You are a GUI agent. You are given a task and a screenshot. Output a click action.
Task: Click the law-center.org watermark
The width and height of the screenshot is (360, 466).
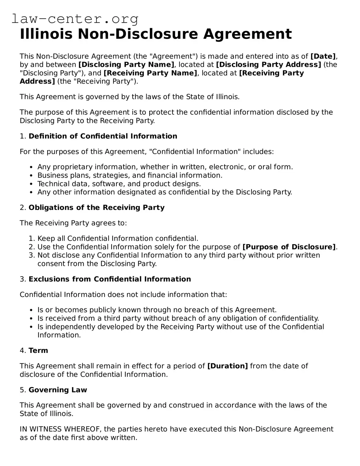(75, 19)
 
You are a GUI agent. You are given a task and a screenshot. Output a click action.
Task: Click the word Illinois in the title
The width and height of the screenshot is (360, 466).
(46, 34)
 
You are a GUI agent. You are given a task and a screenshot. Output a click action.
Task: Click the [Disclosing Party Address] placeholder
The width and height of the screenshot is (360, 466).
(268, 65)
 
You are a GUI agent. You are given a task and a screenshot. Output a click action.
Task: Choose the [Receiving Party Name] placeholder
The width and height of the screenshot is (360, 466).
(150, 73)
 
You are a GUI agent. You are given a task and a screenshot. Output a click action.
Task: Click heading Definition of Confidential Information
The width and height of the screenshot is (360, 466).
(103, 136)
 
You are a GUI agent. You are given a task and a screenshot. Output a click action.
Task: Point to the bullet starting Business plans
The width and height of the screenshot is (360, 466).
(130, 175)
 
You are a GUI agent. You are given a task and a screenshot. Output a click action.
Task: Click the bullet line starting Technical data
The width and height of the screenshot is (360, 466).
(119, 184)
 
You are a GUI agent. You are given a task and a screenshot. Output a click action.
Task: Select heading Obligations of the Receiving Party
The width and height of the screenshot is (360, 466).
(96, 207)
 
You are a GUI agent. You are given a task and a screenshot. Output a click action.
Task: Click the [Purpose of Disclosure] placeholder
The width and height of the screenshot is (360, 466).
(289, 247)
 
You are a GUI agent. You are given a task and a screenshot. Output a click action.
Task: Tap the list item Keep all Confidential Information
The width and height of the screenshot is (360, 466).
(118, 238)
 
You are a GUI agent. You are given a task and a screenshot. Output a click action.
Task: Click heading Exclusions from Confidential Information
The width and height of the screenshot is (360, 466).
(109, 279)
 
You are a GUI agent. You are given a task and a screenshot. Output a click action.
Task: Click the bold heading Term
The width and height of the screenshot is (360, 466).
(38, 350)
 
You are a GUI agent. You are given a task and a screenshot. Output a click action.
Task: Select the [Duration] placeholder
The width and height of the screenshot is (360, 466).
(227, 366)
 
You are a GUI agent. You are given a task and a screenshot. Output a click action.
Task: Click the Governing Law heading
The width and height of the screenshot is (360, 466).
(57, 390)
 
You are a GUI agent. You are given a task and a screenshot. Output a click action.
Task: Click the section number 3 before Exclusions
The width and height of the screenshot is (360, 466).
(22, 279)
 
